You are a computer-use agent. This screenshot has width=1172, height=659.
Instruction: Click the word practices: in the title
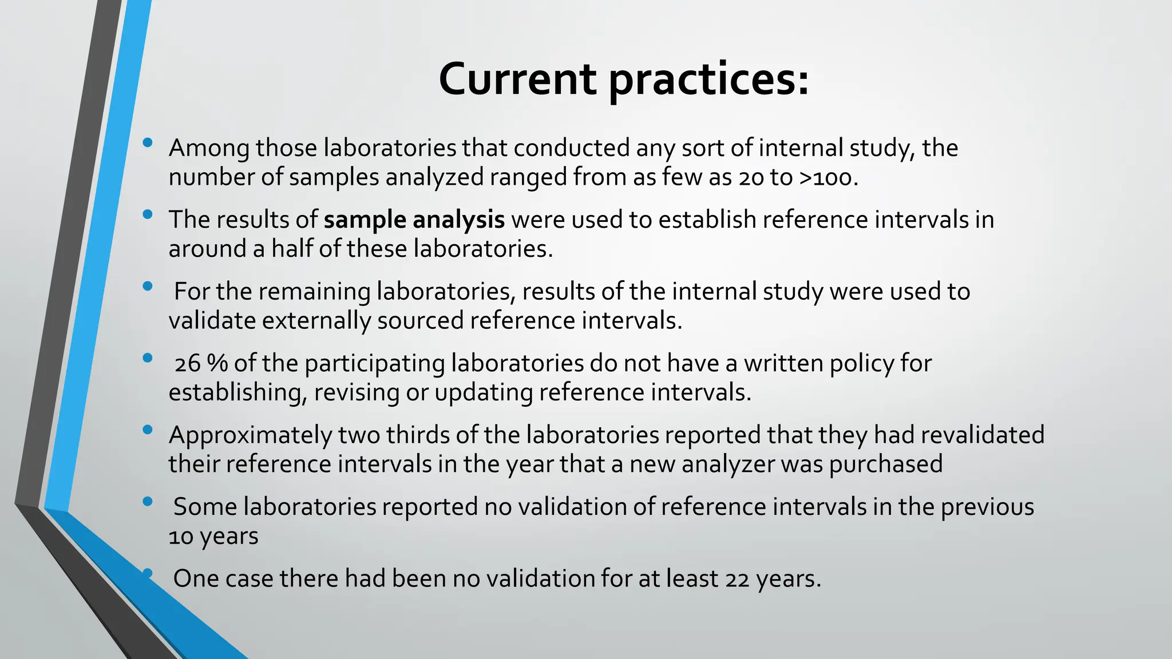(708, 80)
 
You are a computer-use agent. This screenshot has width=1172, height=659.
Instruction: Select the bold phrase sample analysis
(414, 220)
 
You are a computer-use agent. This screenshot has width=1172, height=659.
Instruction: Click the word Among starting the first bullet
(209, 148)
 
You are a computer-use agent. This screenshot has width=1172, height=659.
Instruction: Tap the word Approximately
(250, 436)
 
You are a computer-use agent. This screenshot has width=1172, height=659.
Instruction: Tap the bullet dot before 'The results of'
(148, 215)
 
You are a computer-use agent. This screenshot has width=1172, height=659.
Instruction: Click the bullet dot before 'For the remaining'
(148, 286)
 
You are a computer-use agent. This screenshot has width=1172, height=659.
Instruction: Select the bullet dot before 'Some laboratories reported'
(148, 502)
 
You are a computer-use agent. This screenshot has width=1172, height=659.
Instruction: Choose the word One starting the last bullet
(195, 579)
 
